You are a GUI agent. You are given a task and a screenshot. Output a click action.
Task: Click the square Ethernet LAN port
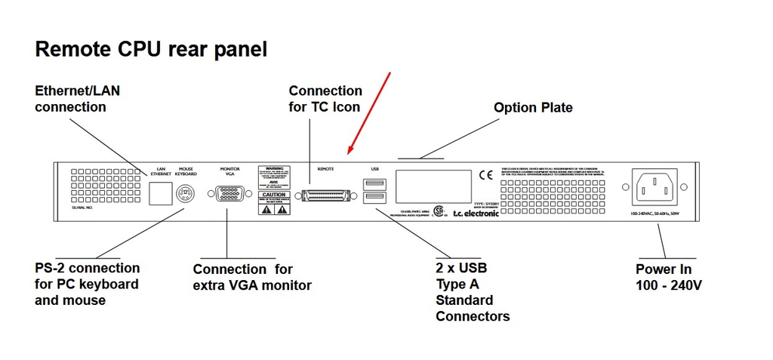(x=159, y=193)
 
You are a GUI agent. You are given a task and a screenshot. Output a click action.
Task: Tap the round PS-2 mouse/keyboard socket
(x=185, y=194)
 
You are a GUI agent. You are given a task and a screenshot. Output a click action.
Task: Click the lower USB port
(x=374, y=198)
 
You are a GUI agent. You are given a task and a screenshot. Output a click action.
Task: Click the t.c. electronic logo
(x=476, y=214)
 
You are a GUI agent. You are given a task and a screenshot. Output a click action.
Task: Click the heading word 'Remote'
(x=74, y=50)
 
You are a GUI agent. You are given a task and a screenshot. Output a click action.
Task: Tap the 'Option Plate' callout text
(x=533, y=108)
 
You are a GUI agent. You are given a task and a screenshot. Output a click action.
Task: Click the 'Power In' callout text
(x=664, y=269)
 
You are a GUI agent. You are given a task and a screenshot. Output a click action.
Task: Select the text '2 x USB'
(x=461, y=268)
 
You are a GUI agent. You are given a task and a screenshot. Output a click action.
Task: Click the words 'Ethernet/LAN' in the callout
(x=78, y=91)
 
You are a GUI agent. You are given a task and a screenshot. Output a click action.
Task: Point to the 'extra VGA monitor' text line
(x=252, y=285)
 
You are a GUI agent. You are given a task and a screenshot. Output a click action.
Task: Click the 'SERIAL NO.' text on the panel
(x=83, y=206)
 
